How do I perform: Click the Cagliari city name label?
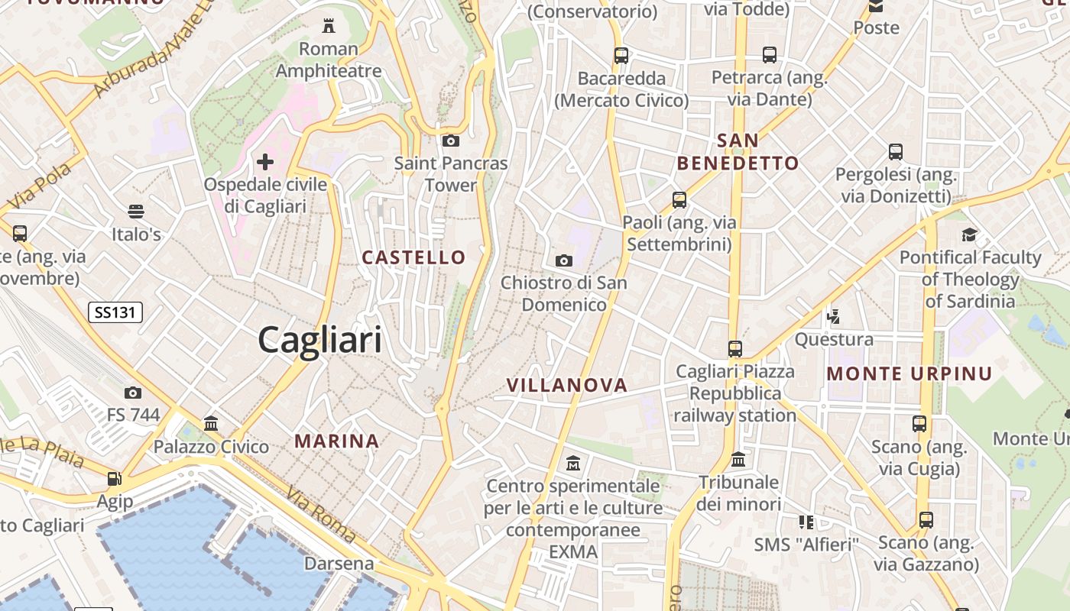pyautogui.click(x=319, y=339)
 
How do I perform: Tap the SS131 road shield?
pyautogui.click(x=115, y=312)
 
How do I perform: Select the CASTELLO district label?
pyautogui.click(x=413, y=257)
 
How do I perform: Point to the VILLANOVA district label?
pyautogui.click(x=567, y=386)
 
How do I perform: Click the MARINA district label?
pyautogui.click(x=337, y=441)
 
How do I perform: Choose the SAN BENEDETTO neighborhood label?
pyautogui.click(x=738, y=151)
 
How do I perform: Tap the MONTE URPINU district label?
pyautogui.click(x=909, y=373)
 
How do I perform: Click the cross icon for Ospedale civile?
pyautogui.click(x=265, y=162)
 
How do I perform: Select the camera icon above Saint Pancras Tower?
pyautogui.click(x=451, y=141)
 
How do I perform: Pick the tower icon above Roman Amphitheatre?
pyautogui.click(x=329, y=26)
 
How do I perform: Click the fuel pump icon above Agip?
pyautogui.click(x=115, y=479)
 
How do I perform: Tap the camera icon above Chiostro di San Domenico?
pyautogui.click(x=564, y=260)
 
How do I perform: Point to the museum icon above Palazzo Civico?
pyautogui.click(x=211, y=423)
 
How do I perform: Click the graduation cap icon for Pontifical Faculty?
pyautogui.click(x=970, y=234)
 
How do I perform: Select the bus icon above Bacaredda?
pyautogui.click(x=621, y=55)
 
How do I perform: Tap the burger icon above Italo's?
pyautogui.click(x=136, y=211)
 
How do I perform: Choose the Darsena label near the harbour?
pyautogui.click(x=339, y=564)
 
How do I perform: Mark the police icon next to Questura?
pyautogui.click(x=834, y=315)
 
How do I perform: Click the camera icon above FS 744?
pyautogui.click(x=133, y=393)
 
